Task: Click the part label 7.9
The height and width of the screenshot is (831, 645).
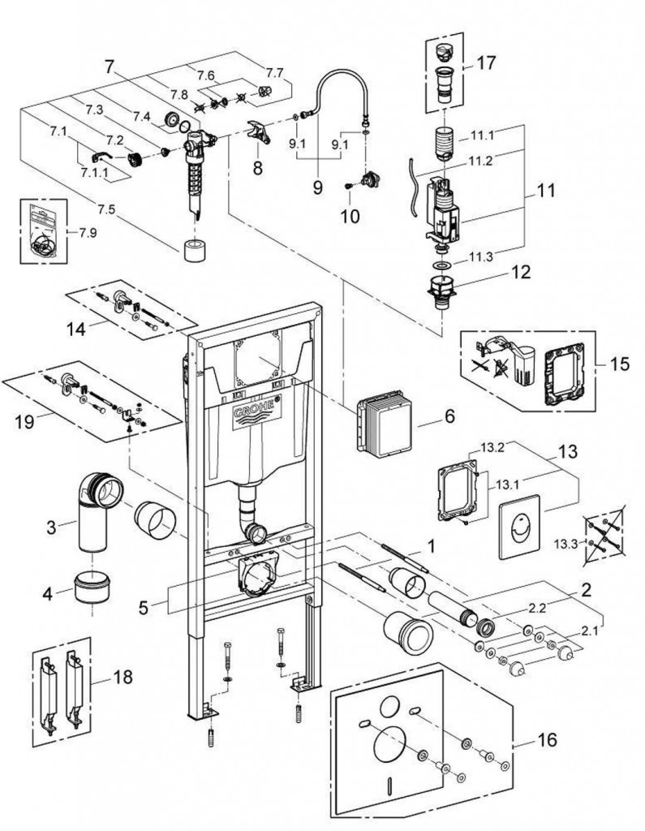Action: click(88, 232)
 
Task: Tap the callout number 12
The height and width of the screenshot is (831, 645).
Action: click(518, 274)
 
